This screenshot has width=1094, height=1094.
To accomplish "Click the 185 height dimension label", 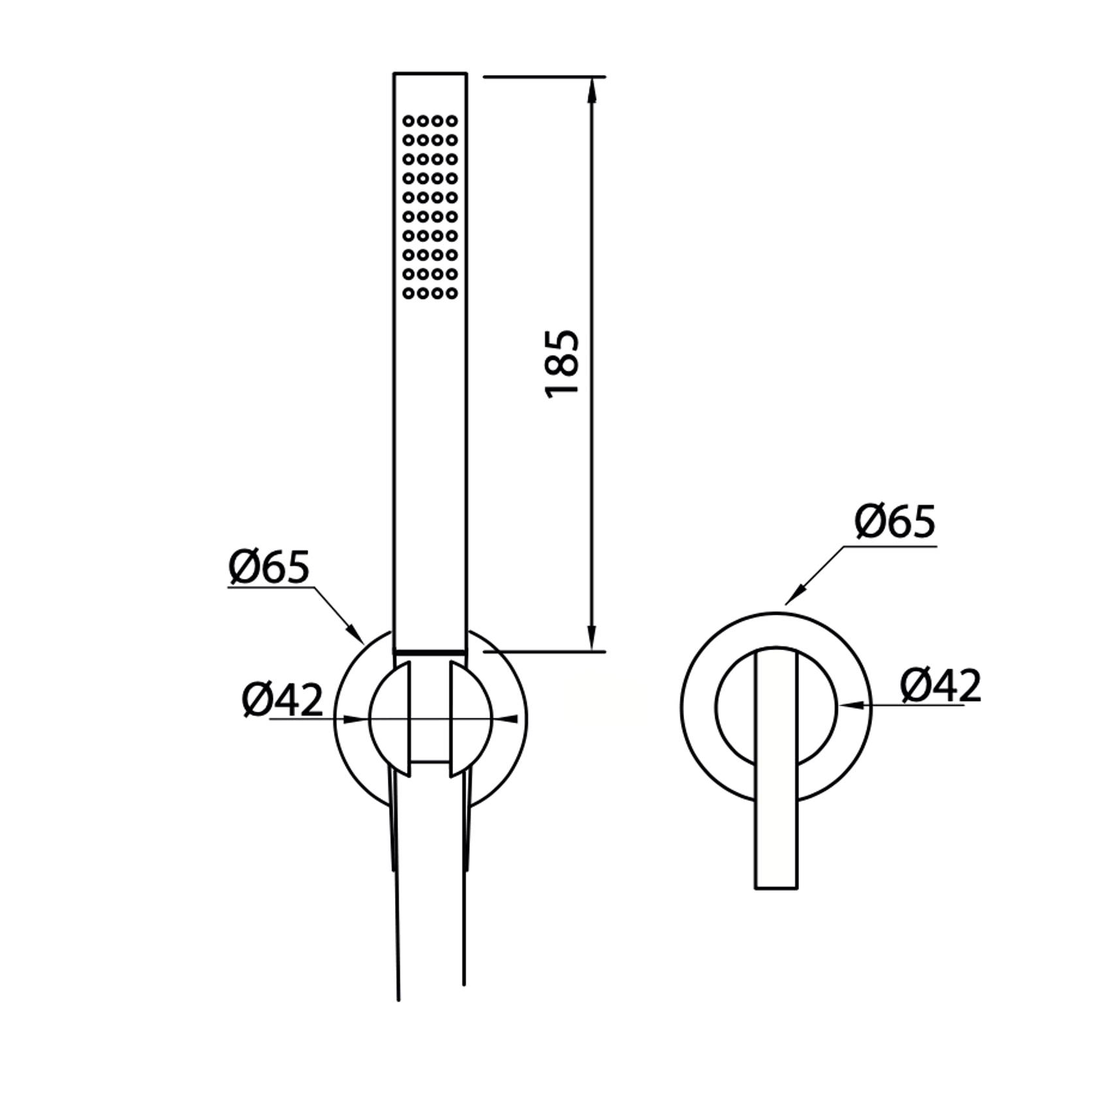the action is coord(562,364).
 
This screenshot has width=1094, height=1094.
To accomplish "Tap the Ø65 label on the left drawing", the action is coord(269,567).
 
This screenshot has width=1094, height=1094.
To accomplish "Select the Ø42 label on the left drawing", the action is coord(283,699).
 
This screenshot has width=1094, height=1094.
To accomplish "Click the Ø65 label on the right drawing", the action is coord(896,522).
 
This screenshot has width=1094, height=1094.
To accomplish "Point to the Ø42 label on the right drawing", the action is coord(941,685).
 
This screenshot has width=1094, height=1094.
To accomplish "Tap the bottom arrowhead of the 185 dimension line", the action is coord(592,638).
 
